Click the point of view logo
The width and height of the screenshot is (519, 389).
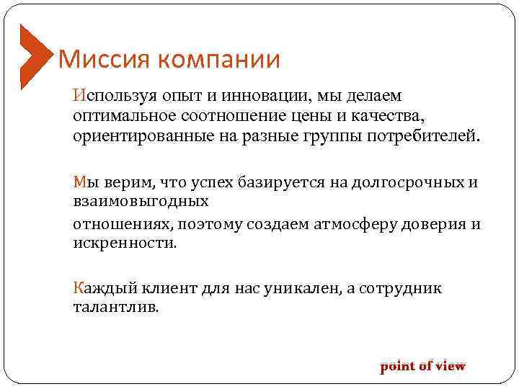pos(422,366)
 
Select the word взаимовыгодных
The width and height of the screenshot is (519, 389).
pos(141,202)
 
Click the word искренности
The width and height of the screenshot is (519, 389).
pos(123,243)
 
